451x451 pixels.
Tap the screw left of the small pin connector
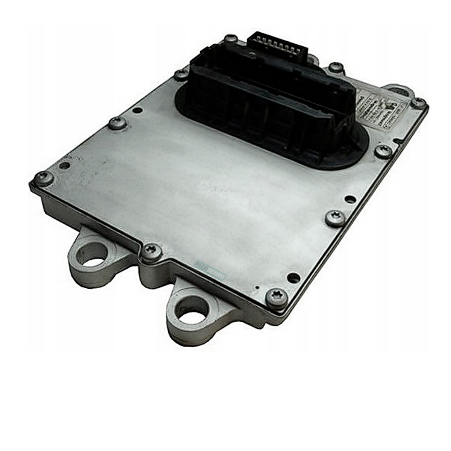(231, 38)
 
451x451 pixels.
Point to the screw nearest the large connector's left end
(181, 74)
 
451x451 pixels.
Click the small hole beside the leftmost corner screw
(65, 165)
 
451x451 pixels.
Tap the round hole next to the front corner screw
(293, 278)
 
